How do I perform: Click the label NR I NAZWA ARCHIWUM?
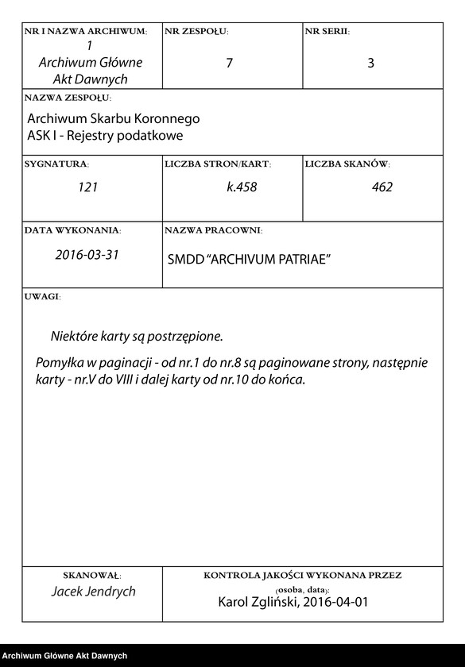(86, 32)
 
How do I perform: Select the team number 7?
(230, 64)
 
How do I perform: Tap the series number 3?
(370, 64)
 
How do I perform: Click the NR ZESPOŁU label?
(196, 32)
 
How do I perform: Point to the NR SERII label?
(327, 32)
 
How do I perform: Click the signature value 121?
(87, 187)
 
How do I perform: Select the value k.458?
(242, 187)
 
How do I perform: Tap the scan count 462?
(382, 187)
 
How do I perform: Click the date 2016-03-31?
(87, 255)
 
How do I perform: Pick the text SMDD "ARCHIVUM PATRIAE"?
(249, 260)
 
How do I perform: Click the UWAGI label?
(42, 296)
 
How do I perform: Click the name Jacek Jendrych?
(94, 592)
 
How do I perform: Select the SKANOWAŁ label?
(91, 575)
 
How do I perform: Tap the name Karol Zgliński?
(255, 603)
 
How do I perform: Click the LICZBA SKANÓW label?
(347, 164)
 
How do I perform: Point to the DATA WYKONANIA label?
(72, 230)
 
